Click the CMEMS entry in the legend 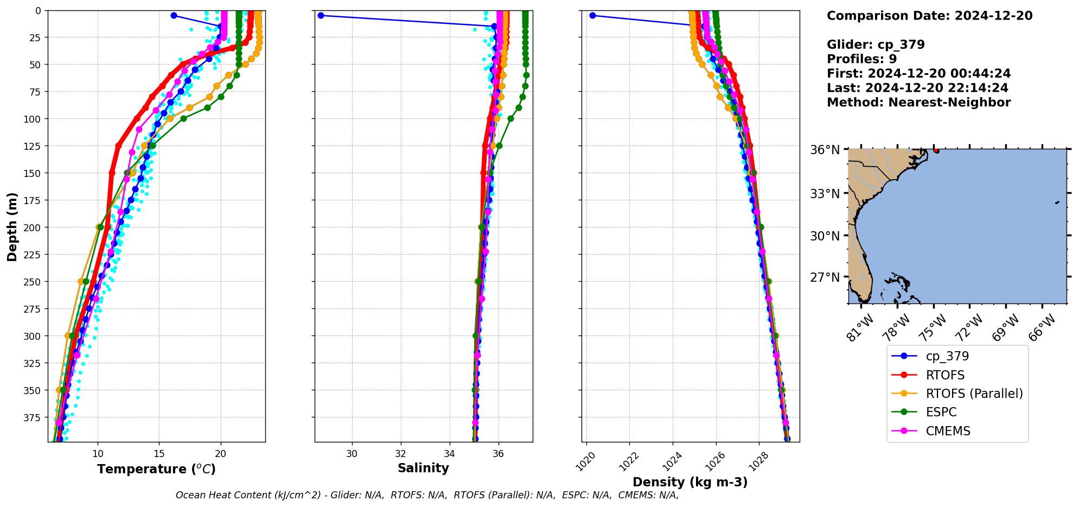(948, 431)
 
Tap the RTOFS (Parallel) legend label (974, 394)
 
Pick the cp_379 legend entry (947, 356)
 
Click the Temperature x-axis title (156, 469)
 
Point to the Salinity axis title (423, 468)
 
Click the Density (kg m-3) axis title (690, 482)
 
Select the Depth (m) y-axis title (12, 226)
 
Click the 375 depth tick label (32, 417)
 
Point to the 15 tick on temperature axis (159, 453)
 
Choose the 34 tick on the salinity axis (450, 453)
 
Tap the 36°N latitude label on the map (825, 150)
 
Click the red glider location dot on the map (936, 150)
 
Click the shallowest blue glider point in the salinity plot (321, 15)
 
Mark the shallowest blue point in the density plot (592, 15)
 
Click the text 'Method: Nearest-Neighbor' (918, 103)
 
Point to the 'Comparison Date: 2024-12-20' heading (929, 16)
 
